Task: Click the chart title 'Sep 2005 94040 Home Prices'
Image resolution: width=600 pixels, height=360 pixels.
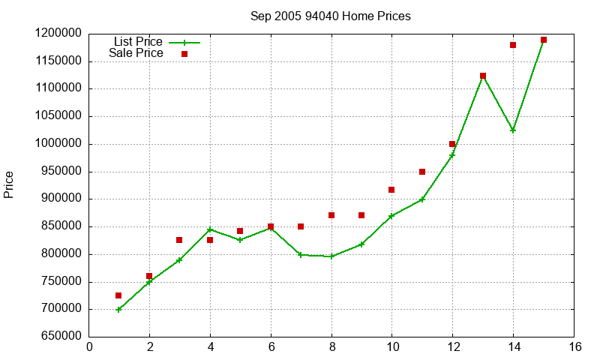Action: (331, 16)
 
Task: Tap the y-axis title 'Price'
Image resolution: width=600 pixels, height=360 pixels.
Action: (9, 184)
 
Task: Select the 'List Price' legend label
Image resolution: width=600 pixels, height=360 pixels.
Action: (138, 42)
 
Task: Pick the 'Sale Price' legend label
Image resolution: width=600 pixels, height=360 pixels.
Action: (136, 53)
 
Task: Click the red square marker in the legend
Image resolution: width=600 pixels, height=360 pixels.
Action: (184, 54)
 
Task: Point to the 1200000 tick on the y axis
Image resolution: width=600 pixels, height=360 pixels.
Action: (58, 34)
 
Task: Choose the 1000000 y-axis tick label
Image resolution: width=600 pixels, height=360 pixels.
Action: (58, 144)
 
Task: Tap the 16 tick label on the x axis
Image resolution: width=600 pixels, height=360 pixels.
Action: (574, 346)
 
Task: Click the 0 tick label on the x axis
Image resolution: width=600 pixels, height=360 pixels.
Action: (90, 346)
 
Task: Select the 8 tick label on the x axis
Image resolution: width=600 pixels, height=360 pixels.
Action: (331, 346)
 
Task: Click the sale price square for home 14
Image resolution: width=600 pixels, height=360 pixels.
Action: (513, 45)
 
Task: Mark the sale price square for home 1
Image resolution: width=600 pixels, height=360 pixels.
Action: (118, 295)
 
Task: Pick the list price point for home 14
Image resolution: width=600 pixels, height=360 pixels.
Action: (513, 130)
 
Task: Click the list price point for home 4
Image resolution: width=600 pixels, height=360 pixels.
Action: (210, 229)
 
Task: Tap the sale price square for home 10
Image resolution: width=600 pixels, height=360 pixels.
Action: (391, 190)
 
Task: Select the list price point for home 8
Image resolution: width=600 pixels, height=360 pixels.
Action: (331, 256)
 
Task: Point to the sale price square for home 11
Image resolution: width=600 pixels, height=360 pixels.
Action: (422, 172)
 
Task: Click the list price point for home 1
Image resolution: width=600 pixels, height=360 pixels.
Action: (118, 309)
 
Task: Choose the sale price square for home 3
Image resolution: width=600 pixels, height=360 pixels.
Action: (179, 240)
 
